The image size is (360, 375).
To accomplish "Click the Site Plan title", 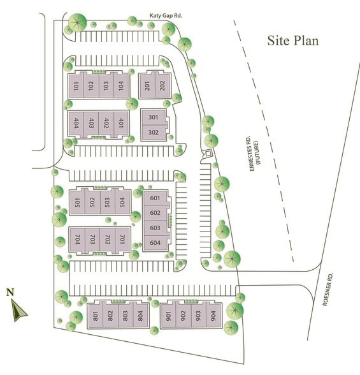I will pos(293,41).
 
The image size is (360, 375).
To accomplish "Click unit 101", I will pos(76,87).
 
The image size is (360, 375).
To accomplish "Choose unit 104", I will pos(121,87).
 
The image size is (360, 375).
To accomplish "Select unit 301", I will pos(153,117).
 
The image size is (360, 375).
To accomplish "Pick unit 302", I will pos(153,133).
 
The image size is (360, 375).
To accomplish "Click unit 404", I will pos(76,122).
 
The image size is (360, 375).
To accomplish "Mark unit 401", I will pos(121,122).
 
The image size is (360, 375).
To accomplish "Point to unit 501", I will pos(77,203).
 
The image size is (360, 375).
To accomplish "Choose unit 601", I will pos(155,198).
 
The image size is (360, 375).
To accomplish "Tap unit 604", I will pos(155,243).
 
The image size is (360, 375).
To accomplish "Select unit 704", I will pos(77,240).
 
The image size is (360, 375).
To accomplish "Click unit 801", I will pos(95,315).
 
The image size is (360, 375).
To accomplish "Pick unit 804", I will pos(140,315).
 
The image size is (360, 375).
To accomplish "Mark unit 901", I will pos(169,315).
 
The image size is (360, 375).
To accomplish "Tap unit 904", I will pos(213,315).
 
